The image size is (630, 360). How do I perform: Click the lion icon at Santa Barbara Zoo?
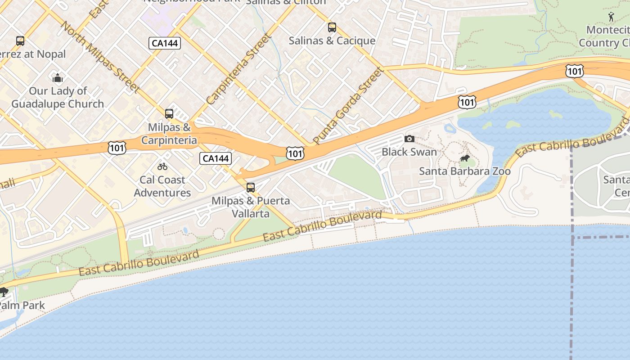click(465, 158)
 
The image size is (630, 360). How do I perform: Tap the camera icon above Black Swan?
click(409, 139)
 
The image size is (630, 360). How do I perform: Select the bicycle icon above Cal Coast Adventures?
click(162, 166)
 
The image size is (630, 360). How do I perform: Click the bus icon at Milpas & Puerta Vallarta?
click(251, 187)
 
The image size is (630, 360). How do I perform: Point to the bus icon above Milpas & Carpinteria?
click(169, 114)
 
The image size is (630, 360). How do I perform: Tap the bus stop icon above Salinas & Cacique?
click(332, 27)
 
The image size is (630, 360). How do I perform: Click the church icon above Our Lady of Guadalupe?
click(58, 78)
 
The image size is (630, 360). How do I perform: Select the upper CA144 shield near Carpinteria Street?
click(165, 43)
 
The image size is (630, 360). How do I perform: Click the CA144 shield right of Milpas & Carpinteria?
click(216, 158)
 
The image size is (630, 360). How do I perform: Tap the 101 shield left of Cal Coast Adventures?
click(117, 148)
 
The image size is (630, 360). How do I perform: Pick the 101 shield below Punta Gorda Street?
click(295, 154)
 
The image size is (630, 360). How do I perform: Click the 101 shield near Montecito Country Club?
click(575, 71)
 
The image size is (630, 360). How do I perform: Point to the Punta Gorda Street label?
click(349, 105)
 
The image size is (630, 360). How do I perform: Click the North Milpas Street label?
click(99, 56)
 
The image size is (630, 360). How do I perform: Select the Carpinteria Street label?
click(239, 69)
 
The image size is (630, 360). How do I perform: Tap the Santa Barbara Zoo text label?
click(465, 171)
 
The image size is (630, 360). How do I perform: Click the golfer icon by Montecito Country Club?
click(611, 17)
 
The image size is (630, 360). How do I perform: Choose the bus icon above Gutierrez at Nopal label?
click(20, 41)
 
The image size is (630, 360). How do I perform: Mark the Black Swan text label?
click(409, 152)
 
